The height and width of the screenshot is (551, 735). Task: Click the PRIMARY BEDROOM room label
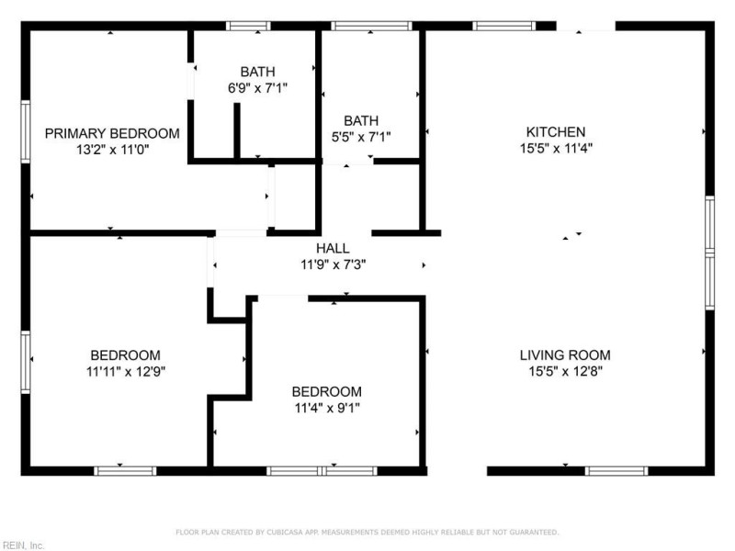112,133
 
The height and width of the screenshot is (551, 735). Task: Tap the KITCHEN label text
555,132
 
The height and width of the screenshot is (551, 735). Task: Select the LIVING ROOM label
564,355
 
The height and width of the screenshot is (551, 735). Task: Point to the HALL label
333,249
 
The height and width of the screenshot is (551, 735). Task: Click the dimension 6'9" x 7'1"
257,88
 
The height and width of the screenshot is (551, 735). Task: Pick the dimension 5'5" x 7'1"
361,138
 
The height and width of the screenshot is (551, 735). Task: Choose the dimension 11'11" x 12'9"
125,372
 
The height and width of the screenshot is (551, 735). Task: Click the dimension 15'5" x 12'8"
564,372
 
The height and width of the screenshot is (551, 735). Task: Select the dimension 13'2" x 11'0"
112,149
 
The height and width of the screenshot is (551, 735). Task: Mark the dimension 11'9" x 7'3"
333,264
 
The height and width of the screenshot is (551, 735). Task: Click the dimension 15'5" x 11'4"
555,148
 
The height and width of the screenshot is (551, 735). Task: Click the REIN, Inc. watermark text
23,545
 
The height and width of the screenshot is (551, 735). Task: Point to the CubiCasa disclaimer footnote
367,532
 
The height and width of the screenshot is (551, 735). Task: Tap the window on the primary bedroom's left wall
26,131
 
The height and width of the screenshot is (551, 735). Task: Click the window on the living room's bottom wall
616,471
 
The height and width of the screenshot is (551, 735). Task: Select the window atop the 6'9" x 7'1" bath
248,26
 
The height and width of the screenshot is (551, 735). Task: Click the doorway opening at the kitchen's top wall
585,26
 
